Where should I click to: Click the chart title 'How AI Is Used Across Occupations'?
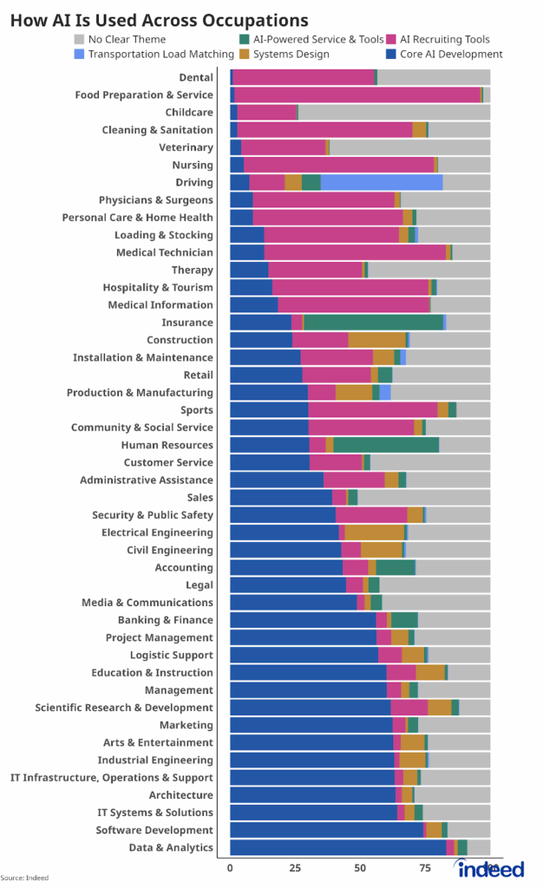pos(159,19)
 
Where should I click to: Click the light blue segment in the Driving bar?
pos(382,182)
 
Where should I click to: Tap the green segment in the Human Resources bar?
pos(386,445)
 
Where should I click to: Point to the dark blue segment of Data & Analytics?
pos(337,847)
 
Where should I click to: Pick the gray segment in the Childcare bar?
pos(394,112)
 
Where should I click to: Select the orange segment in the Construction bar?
pos(376,340)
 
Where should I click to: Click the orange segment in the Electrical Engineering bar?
pos(375,532)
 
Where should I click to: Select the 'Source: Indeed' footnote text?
pos(24,878)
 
